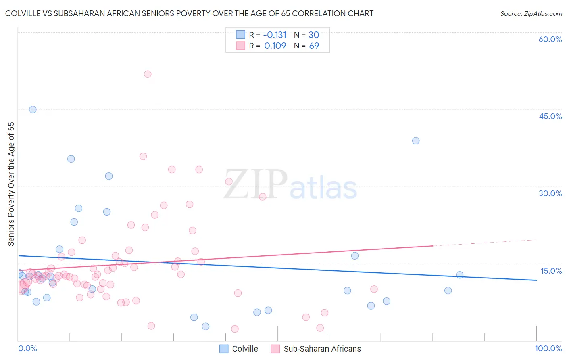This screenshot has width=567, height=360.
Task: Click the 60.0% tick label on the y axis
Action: (550, 39)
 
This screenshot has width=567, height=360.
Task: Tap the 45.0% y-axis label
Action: (550, 116)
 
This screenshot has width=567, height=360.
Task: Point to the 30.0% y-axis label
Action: (550, 193)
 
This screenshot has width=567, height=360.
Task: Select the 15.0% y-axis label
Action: (551, 271)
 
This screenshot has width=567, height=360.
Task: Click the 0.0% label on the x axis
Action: (27, 348)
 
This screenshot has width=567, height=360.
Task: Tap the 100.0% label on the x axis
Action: (548, 348)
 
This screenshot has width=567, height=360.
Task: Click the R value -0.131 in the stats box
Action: (275, 35)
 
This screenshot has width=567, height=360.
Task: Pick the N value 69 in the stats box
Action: (314, 46)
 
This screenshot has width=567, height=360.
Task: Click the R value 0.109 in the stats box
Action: (275, 46)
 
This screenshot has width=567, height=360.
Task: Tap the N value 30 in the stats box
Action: (314, 35)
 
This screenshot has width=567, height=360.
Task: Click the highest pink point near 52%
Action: (148, 74)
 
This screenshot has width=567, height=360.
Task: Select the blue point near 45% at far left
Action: (33, 109)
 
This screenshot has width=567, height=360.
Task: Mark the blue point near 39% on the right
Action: (416, 141)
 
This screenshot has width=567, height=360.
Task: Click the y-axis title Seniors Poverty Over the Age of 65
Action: (11, 184)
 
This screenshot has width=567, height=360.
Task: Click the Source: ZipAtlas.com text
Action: (531, 14)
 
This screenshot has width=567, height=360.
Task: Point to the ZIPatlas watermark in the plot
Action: (290, 185)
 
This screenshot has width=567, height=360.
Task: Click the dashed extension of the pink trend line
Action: (484, 243)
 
